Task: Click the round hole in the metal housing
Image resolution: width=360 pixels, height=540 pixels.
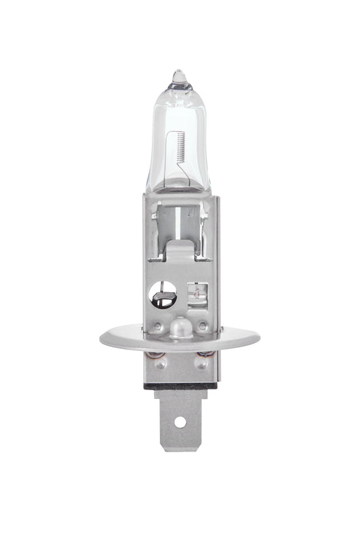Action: coord(162,294)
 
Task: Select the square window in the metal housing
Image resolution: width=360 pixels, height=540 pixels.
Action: coord(197,295)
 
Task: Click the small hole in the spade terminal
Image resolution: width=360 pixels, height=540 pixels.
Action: coord(180,422)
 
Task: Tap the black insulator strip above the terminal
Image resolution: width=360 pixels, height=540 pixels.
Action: coord(180,386)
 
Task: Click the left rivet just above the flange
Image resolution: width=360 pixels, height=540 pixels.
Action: coord(157,327)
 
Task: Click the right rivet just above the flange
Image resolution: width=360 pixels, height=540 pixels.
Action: coord(202,327)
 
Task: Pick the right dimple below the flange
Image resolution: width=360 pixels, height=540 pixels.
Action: coord(201,362)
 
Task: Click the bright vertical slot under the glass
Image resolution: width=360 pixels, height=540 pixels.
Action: coord(178,219)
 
